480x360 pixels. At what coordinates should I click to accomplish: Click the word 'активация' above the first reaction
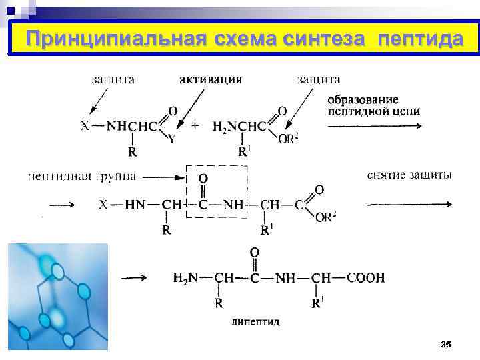pyautogui.click(x=211, y=79)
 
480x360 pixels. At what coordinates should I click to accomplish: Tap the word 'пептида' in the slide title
pyautogui.click(x=419, y=40)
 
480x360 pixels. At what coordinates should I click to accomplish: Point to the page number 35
pyautogui.click(x=446, y=344)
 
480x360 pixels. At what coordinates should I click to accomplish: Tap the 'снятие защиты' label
pyautogui.click(x=409, y=175)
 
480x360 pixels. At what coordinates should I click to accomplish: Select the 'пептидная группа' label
pyautogui.click(x=82, y=177)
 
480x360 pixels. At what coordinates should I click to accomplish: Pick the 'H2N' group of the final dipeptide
pyautogui.click(x=185, y=278)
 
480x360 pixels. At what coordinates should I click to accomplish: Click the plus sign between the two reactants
pyautogui.click(x=195, y=125)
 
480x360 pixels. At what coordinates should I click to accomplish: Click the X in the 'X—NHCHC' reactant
pyautogui.click(x=85, y=125)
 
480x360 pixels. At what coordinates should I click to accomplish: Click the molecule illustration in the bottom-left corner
pyautogui.click(x=57, y=296)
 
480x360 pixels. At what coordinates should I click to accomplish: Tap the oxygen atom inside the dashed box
pyautogui.click(x=203, y=179)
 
